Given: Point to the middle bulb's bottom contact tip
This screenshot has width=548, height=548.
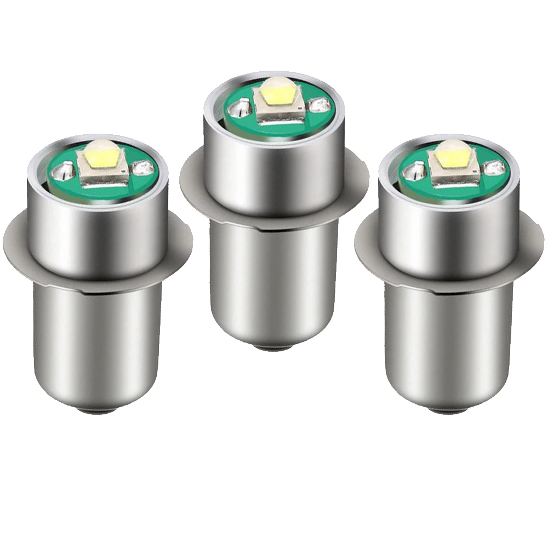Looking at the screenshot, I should [x=272, y=346].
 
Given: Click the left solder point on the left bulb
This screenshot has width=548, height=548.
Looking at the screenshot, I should [x=64, y=170].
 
